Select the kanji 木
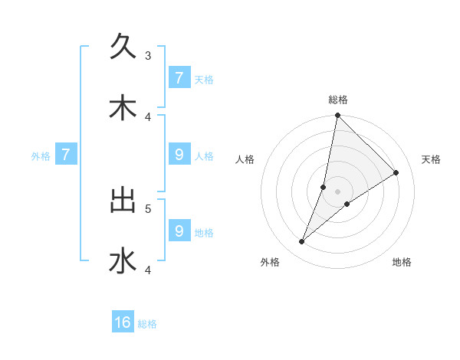(123, 108)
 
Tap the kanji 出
(123, 201)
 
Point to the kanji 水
(123, 260)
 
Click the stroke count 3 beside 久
(148, 55)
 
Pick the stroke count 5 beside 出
(148, 208)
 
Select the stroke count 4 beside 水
(148, 270)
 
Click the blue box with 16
(123, 322)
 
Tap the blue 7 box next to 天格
(179, 77)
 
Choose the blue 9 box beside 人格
(179, 155)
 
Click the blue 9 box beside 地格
(179, 231)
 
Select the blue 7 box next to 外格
(66, 155)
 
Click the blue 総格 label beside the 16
(147, 324)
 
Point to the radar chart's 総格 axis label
(338, 100)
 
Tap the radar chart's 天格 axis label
(432, 159)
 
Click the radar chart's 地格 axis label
(402, 262)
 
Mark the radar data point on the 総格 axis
(338, 116)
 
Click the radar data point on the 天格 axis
(396, 172)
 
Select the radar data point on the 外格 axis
(302, 242)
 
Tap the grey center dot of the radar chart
(338, 191)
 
